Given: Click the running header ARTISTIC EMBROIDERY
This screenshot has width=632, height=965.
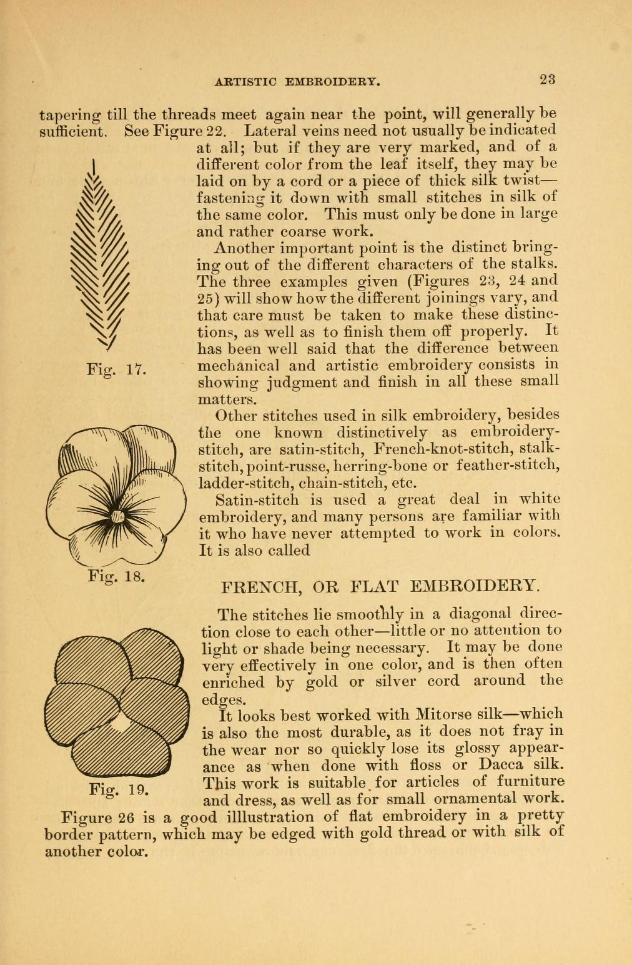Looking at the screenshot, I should pyautogui.click(x=297, y=81).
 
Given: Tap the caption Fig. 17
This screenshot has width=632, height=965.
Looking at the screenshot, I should pyautogui.click(x=116, y=370).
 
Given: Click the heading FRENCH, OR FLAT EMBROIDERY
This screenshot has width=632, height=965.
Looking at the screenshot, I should pyautogui.click(x=380, y=587).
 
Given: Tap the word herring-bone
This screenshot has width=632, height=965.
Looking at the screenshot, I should pyautogui.click(x=377, y=466).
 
